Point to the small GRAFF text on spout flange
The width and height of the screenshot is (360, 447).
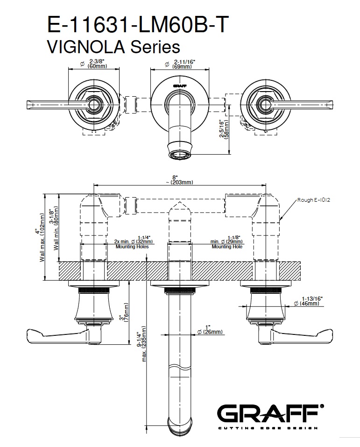(180, 86)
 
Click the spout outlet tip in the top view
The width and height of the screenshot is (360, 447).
(180, 155)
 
